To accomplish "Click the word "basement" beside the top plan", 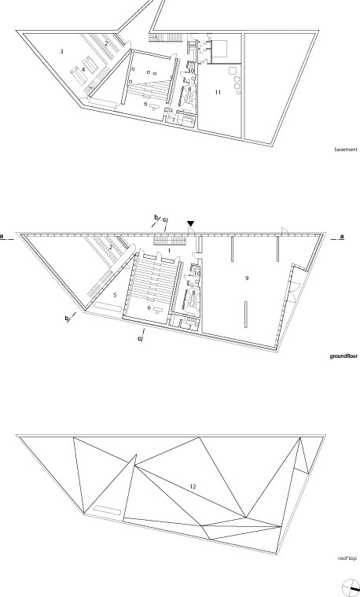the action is tap(346, 149).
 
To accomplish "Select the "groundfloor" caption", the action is tap(343, 357).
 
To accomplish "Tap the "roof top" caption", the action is tap(347, 558).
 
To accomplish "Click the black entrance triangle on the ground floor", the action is tap(191, 224).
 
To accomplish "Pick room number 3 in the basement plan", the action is tap(61, 51).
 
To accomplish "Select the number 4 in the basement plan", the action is tap(83, 70).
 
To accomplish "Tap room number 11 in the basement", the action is tap(218, 93).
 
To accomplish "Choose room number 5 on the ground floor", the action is tap(116, 295).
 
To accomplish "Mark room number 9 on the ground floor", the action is tap(247, 278).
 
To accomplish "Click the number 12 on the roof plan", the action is tap(193, 486).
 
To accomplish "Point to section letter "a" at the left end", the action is tap(2, 237).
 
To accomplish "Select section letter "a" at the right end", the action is tap(342, 237).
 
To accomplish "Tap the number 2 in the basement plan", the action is tap(107, 44).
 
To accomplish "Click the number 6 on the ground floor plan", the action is tap(149, 308).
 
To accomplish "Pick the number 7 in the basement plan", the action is tap(174, 120).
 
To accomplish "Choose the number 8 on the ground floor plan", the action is tap(193, 293).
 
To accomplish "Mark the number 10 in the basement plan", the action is tap(192, 71).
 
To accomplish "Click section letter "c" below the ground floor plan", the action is tap(140, 337).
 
